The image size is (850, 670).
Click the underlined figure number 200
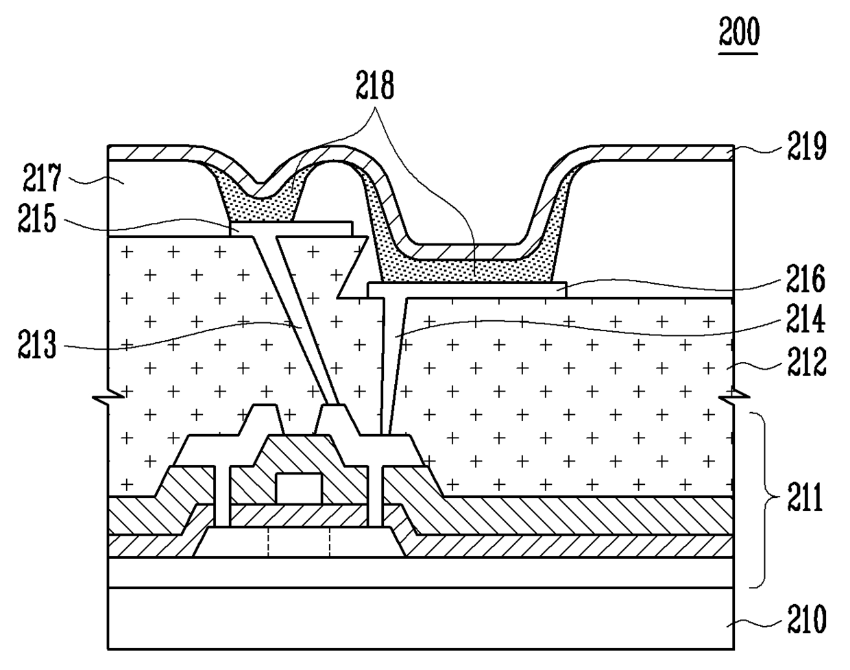(738, 32)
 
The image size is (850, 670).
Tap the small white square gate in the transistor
(298, 488)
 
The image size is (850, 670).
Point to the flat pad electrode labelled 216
(467, 289)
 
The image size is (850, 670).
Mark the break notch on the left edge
(114, 395)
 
